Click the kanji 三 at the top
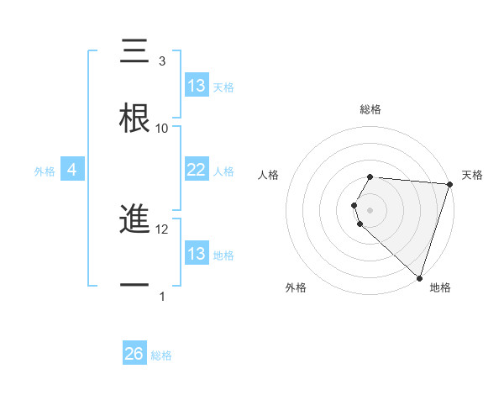point(134,52)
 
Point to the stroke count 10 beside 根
point(162,128)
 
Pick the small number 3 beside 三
point(162,61)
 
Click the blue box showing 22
point(196,170)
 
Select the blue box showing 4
point(72,171)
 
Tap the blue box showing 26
point(134,354)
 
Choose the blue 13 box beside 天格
point(196,86)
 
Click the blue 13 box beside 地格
point(196,254)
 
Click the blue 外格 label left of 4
point(45,171)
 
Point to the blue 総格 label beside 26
point(161,355)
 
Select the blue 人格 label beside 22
point(223,171)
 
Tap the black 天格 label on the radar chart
point(472,175)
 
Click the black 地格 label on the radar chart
point(440,288)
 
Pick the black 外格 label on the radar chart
point(296,288)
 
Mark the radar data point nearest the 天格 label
point(449,183)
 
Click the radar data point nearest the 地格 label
point(419,277)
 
